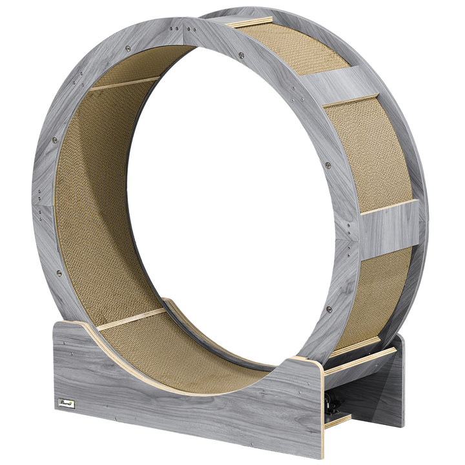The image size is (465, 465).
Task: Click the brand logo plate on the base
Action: [x=67, y=404]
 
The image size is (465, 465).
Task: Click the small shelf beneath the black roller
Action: [x=338, y=420]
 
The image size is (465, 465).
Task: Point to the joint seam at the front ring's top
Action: [x=183, y=26]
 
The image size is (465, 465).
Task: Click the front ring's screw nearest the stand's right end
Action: [x=330, y=309]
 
